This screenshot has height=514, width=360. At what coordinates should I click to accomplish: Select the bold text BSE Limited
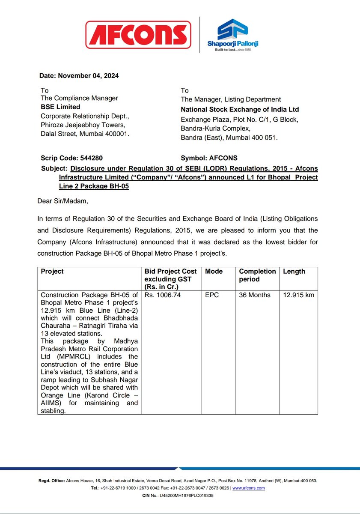pos(60,107)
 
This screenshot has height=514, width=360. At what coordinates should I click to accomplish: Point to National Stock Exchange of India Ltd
pos(240,110)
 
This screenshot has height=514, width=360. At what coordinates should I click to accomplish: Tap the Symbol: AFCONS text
pos(209,158)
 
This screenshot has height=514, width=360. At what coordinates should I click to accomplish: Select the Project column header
pos(52,272)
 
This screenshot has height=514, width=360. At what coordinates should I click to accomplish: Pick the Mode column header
pos(214,272)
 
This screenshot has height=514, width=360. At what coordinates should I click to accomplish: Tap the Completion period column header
pos(257,275)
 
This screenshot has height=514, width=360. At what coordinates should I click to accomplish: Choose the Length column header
pos(294,272)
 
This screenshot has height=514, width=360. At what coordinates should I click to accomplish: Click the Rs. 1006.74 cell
pos(161,295)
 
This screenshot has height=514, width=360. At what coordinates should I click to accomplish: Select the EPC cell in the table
pos(212,295)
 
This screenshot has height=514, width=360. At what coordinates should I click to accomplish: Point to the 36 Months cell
pos(255,295)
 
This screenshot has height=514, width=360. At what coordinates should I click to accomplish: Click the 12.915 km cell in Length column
pos(298,295)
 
